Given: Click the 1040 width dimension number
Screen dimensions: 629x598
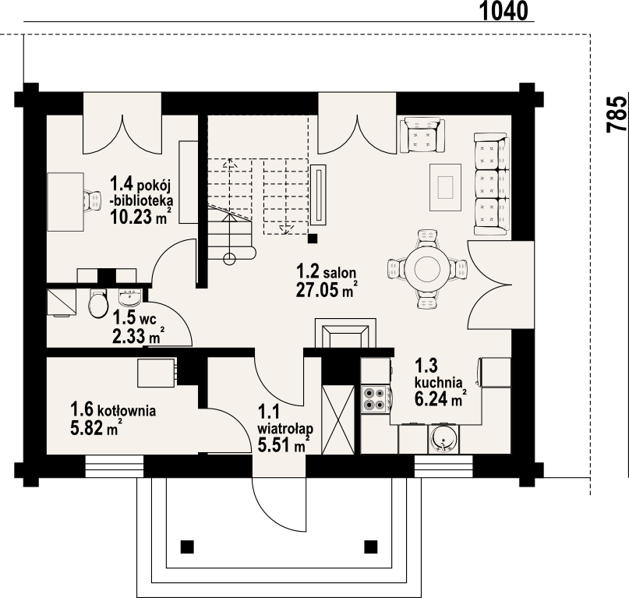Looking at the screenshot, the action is [x=504, y=11].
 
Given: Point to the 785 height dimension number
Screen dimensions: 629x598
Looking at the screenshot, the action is [x=617, y=114].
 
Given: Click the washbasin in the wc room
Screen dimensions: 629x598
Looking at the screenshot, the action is [x=129, y=296].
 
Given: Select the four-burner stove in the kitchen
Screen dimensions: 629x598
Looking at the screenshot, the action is [x=375, y=399].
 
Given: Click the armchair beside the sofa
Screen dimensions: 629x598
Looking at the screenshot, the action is [x=422, y=135].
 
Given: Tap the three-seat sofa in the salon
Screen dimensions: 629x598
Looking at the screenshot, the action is [x=492, y=184].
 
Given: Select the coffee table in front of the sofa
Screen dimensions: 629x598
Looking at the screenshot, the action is [x=445, y=187].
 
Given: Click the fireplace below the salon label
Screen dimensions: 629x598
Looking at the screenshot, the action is [x=345, y=333].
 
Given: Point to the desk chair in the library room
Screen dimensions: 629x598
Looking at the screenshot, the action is [x=93, y=201].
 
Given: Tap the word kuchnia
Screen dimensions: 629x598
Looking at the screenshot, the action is [x=439, y=382].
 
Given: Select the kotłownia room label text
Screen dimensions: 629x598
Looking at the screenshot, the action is [x=113, y=410].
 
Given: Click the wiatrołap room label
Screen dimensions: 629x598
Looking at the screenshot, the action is [x=285, y=429].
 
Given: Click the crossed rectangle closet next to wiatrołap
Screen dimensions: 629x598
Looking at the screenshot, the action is [x=338, y=419].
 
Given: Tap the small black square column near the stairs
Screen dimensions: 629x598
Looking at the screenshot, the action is [x=313, y=239].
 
